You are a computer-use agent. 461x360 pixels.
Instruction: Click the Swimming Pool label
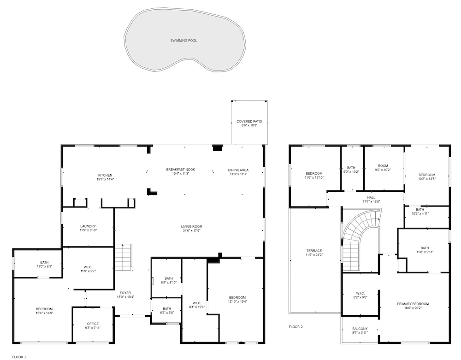click(184, 41)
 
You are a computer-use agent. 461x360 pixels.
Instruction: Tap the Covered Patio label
click(249, 121)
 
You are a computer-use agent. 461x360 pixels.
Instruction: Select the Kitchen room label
click(105, 176)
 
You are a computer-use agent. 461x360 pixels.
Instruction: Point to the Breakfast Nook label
click(181, 170)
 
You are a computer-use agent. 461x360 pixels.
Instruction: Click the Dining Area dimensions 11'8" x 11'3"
click(238, 174)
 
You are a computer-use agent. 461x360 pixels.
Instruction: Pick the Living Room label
click(192, 227)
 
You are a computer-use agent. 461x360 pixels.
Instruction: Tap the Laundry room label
click(88, 226)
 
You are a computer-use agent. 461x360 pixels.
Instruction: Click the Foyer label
click(125, 293)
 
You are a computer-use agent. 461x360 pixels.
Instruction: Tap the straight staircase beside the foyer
click(123, 257)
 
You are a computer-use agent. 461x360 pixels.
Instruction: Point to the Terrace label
click(314, 251)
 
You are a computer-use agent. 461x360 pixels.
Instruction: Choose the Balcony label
click(360, 329)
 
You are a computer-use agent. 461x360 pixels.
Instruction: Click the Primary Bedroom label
click(413, 304)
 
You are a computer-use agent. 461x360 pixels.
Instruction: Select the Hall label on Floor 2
click(371, 197)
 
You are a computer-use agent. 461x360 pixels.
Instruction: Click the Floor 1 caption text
click(19, 357)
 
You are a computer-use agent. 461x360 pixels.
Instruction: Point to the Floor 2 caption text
click(296, 327)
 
